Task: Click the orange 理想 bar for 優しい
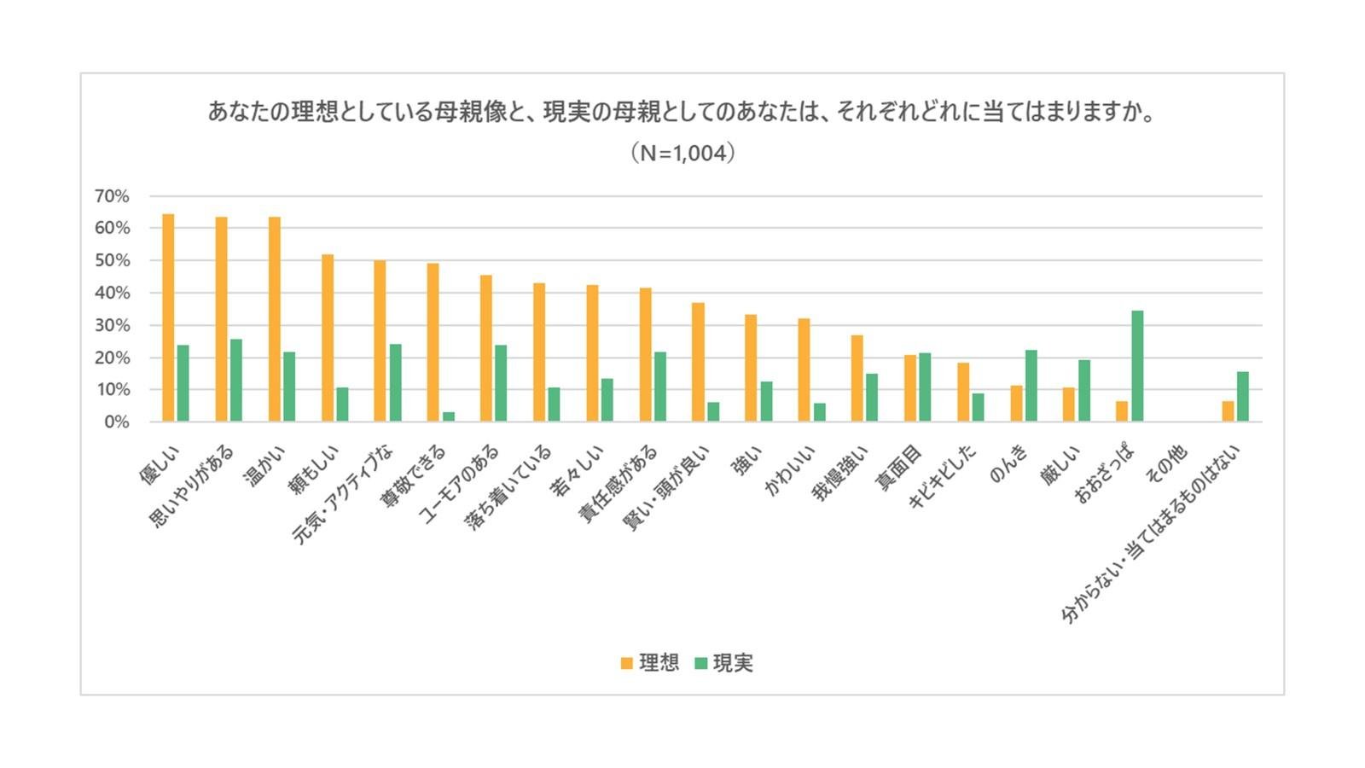click(168, 317)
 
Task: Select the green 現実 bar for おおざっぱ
click(1137, 366)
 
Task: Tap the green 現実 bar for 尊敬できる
click(448, 416)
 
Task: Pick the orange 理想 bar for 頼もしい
click(328, 338)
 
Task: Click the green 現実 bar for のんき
click(1031, 386)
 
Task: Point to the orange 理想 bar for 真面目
click(910, 388)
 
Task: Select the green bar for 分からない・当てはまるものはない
click(1243, 397)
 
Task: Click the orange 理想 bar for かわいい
click(804, 369)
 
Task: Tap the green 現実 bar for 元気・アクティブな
click(395, 382)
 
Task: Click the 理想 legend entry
click(650, 663)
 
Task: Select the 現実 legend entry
click(724, 663)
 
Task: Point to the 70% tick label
click(112, 196)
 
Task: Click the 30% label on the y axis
click(112, 325)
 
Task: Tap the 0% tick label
click(116, 422)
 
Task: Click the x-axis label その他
click(1166, 466)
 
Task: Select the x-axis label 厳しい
click(1060, 466)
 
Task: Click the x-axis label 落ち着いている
click(509, 487)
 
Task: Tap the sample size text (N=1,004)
click(682, 154)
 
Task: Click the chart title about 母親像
click(682, 112)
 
